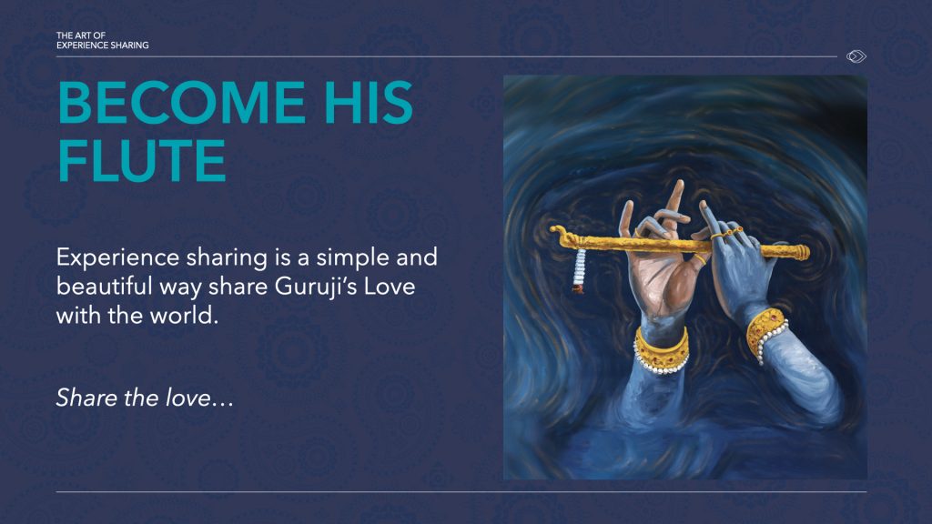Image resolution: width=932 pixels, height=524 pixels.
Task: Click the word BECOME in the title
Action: click(182, 103)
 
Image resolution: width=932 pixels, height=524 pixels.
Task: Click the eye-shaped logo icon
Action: click(856, 56)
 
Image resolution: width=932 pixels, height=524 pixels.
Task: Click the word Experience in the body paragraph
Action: click(117, 258)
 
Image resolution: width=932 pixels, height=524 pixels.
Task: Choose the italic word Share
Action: click(86, 398)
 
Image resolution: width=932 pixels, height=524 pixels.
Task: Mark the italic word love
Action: click(187, 398)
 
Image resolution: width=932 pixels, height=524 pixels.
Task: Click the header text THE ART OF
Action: click(81, 35)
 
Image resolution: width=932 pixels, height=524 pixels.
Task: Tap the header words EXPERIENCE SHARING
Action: click(102, 45)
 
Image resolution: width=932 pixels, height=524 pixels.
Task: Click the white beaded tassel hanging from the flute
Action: click(578, 271)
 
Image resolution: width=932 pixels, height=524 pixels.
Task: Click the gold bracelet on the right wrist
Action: click(766, 333)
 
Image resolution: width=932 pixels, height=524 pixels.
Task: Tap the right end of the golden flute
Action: click(806, 252)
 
